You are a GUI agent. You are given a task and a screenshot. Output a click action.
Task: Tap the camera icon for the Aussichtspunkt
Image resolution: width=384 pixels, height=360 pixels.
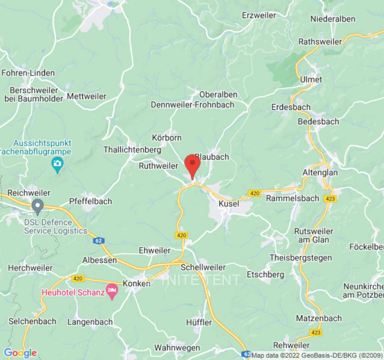[57, 165]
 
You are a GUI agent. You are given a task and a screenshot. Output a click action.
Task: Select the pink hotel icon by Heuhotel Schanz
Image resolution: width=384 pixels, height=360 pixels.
[112, 291]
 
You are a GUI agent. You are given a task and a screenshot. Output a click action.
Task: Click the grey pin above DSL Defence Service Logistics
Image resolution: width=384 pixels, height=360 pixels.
[38, 207]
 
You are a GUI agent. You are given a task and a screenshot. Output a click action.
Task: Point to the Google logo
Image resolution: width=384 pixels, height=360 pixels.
[20, 353]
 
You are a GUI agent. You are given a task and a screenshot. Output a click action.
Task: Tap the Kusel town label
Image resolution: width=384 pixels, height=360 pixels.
[228, 204]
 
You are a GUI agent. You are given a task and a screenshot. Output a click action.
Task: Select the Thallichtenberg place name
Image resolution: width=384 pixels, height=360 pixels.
[126, 149]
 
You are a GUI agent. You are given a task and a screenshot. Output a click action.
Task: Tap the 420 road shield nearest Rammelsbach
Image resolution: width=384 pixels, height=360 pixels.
[255, 193]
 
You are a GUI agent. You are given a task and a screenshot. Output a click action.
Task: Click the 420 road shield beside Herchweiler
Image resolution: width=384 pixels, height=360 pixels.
[78, 279]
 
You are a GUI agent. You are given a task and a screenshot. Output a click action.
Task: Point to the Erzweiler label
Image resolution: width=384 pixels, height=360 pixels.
[259, 15]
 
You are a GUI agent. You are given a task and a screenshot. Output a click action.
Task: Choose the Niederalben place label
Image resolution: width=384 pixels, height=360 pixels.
[333, 19]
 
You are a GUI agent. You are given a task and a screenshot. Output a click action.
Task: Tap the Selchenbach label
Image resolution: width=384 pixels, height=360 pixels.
[32, 321]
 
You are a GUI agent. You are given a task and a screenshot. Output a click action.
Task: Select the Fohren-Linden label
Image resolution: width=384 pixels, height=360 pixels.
[28, 73]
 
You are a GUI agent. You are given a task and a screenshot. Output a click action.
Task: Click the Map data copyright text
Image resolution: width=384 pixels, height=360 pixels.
[317, 355]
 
